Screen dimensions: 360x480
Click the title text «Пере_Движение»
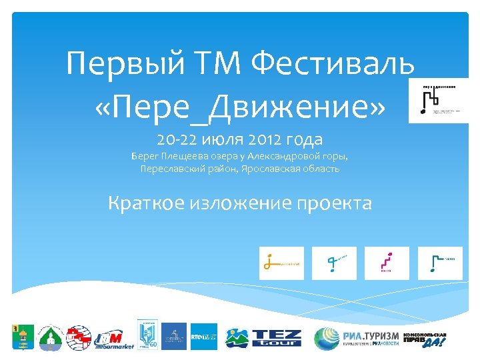(239, 105)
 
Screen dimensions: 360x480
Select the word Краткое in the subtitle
(146, 203)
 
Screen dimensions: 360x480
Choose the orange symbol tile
(281, 263)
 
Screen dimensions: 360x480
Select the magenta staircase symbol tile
(387, 263)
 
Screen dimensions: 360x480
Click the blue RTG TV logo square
(204, 336)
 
